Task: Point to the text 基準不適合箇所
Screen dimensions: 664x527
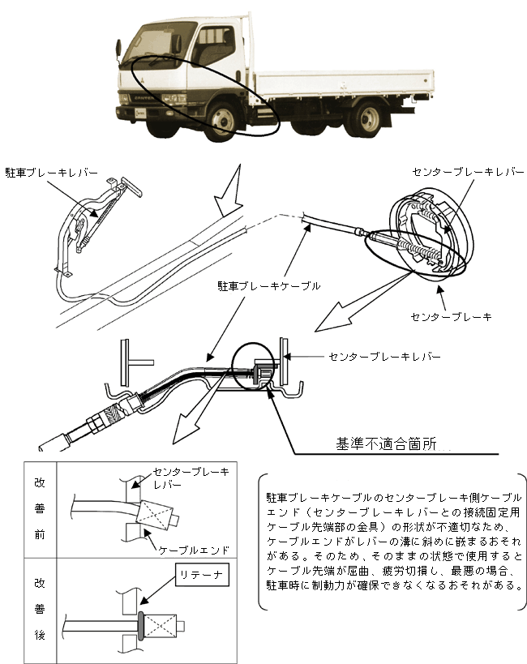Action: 386,443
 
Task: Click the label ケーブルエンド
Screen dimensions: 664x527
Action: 194,549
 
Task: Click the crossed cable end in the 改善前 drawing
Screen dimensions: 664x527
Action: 158,513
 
